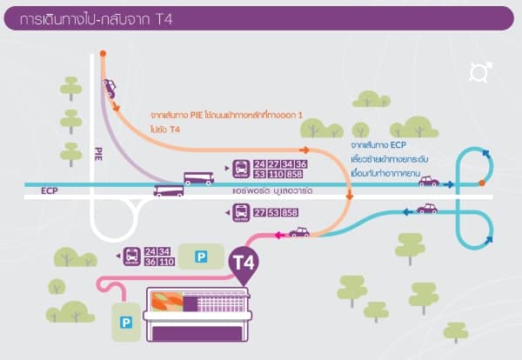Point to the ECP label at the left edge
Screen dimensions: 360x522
tap(49, 190)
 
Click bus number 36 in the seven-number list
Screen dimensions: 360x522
tap(301, 164)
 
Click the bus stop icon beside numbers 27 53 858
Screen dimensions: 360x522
tap(239, 211)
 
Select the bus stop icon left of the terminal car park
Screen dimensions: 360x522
tap(130, 256)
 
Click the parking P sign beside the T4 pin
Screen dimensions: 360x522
tap(202, 256)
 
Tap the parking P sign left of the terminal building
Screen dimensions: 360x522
tap(127, 322)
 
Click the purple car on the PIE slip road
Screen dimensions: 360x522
tap(110, 87)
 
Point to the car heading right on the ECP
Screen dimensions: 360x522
tap(428, 181)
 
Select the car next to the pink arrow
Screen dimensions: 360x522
tap(299, 232)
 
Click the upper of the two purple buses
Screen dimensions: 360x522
tap(198, 178)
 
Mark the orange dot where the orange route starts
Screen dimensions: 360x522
tap(103, 54)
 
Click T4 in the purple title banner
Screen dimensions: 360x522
tap(162, 20)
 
